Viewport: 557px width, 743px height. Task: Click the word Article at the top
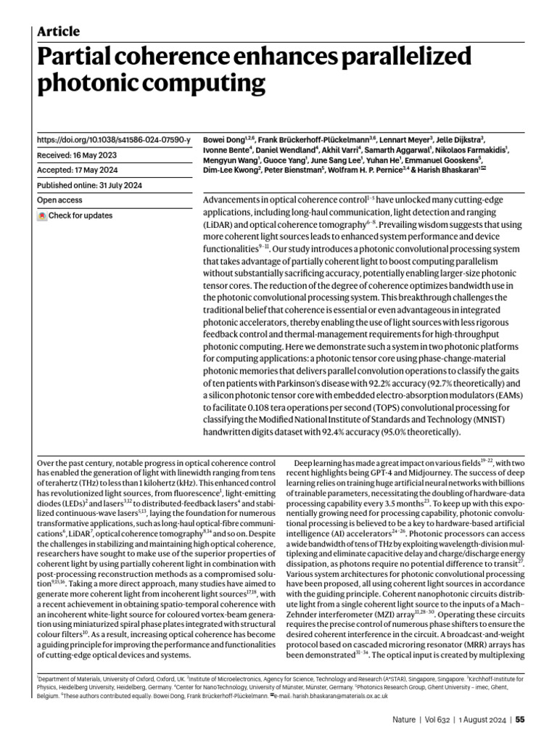[x=58, y=31]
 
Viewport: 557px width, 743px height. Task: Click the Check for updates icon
[x=42, y=215]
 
